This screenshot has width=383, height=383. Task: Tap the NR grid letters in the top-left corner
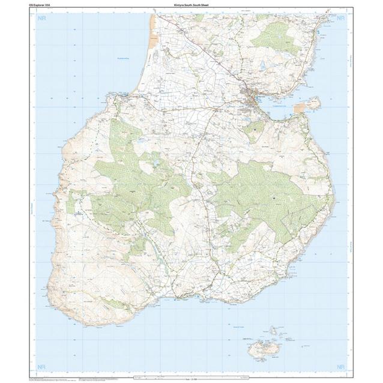(x=41, y=18)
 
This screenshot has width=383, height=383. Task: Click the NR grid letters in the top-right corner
(x=341, y=18)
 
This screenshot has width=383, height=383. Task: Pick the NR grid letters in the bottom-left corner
(x=41, y=366)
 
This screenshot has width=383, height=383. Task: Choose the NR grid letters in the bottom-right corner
(x=341, y=366)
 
